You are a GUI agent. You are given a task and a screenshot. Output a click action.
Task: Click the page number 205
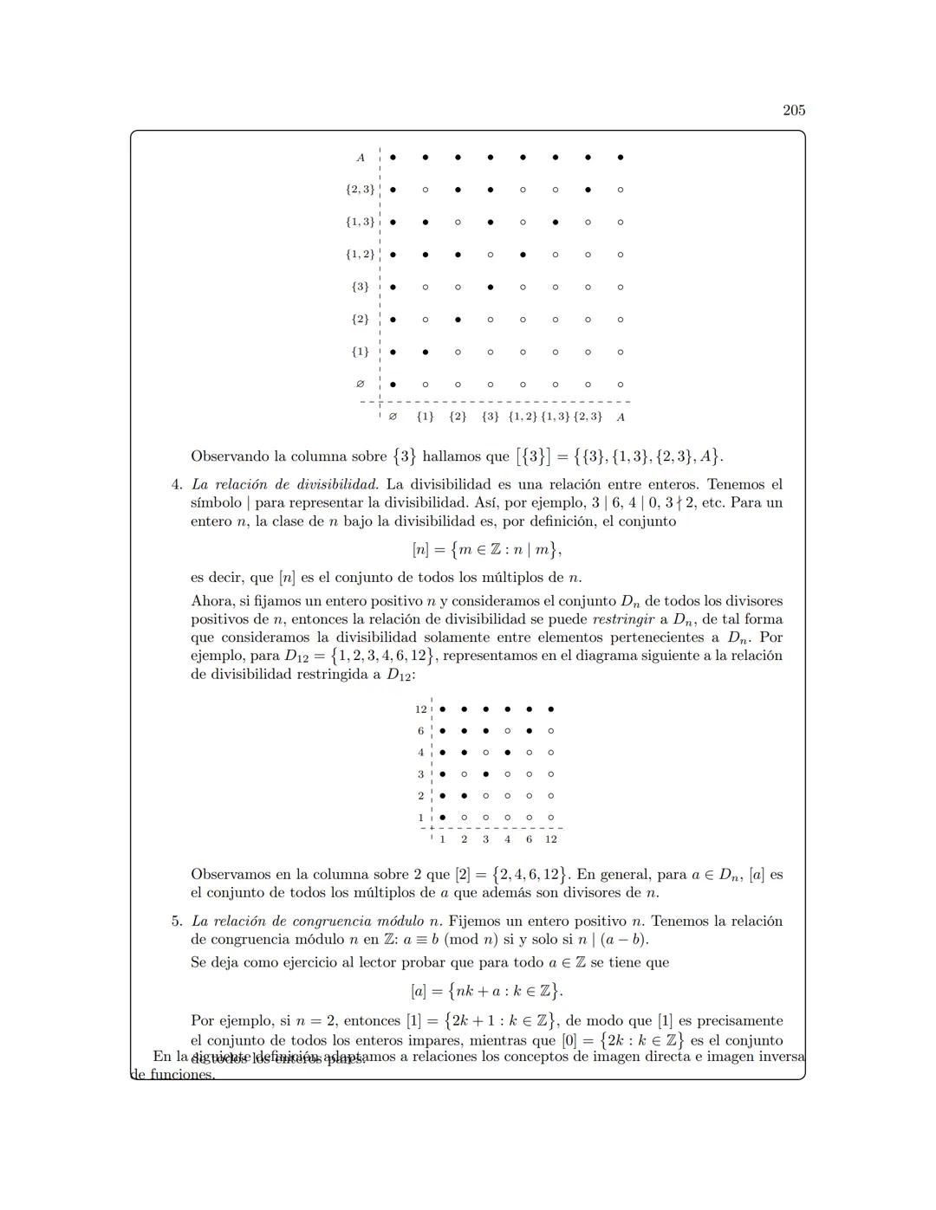793,110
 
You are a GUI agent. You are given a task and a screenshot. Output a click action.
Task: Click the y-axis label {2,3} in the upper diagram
360,190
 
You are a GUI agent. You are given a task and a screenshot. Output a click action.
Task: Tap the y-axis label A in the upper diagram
361,158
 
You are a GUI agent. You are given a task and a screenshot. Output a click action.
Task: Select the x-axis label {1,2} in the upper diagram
523,417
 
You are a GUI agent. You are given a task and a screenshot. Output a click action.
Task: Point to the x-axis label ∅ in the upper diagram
393,417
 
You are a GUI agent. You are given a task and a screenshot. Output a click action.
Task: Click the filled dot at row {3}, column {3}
491,287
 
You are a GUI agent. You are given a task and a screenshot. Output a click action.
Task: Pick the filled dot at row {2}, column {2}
458,320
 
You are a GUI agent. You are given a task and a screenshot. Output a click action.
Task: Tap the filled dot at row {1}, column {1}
425,352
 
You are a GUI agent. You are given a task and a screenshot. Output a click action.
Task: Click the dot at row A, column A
621,158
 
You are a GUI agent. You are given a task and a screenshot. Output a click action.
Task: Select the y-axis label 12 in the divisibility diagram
420,709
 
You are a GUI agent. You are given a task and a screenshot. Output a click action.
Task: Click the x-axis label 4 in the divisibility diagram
507,839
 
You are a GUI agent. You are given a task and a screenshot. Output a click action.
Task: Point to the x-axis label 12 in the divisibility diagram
551,839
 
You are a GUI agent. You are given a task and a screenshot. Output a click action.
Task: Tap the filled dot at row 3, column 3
485,774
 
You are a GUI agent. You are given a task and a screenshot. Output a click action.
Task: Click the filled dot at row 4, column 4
507,753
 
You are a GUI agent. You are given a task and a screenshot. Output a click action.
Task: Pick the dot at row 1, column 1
442,817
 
